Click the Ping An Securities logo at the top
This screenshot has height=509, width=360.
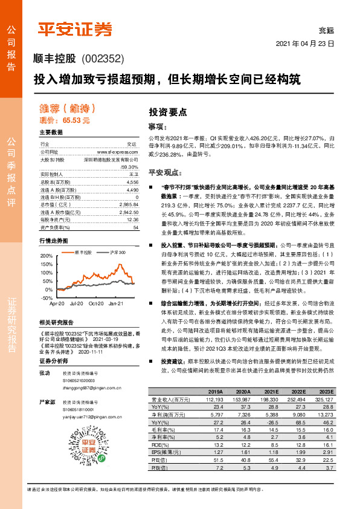coord(76,28)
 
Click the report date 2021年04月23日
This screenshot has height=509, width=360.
coord(305,44)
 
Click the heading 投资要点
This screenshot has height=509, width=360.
coord(168,112)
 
